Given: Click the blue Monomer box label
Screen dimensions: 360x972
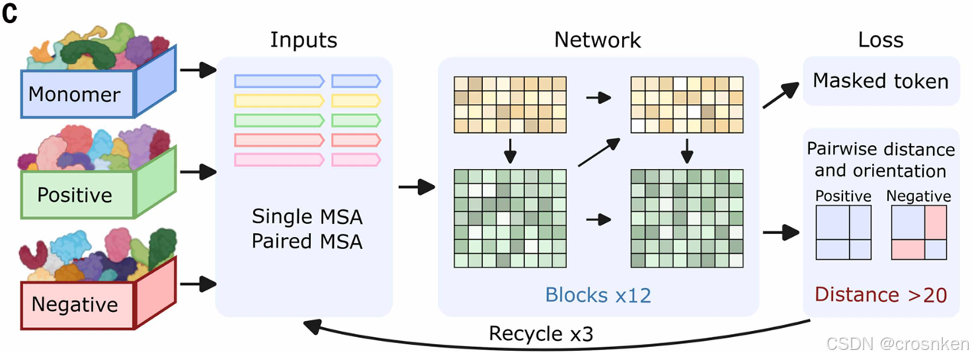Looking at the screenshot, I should tap(74, 94).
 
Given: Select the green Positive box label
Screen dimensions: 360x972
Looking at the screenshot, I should tap(74, 194).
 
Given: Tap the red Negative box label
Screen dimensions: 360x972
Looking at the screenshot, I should tap(74, 305).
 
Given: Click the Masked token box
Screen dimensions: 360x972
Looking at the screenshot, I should tap(880, 80).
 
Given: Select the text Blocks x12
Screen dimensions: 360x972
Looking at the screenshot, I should tap(598, 295).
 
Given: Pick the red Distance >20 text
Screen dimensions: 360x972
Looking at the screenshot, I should tap(880, 294).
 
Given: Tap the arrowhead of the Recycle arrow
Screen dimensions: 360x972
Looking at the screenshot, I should tap(312, 326).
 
